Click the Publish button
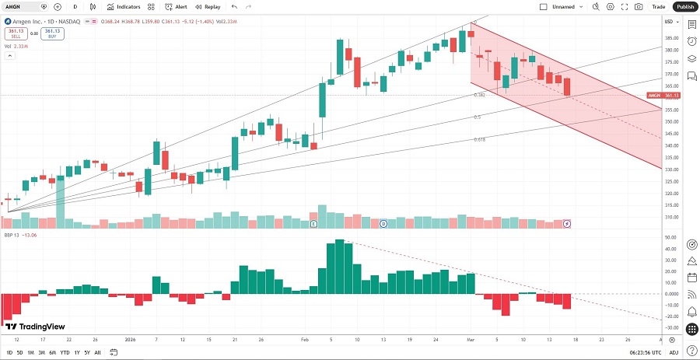pyautogui.click(x=684, y=6)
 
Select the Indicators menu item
pyautogui.click(x=124, y=6)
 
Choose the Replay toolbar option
pyautogui.click(x=208, y=6)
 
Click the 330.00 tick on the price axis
pyautogui.click(x=669, y=170)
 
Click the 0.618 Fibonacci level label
pyautogui.click(x=480, y=140)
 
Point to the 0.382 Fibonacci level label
pyautogui.click(x=480, y=95)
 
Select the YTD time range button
pyautogui.click(x=65, y=352)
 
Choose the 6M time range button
pyautogui.click(x=52, y=352)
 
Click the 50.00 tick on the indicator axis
pyautogui.click(x=669, y=238)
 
